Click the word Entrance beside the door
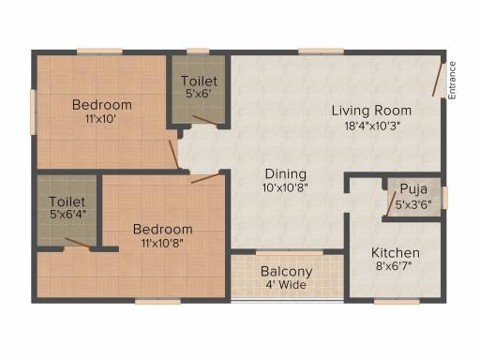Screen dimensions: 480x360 pyautogui.click(x=452, y=81)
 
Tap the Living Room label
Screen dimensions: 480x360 pyautogui.click(x=371, y=111)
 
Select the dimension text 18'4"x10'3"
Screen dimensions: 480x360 pyautogui.click(x=372, y=126)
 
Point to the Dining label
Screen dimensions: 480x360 pyautogui.click(x=286, y=174)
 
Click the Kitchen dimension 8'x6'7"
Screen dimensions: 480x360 pyautogui.click(x=394, y=266)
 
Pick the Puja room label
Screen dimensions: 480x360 pyautogui.click(x=413, y=188)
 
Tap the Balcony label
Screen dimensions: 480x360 pyautogui.click(x=286, y=272)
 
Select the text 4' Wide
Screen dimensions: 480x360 pyautogui.click(x=286, y=285)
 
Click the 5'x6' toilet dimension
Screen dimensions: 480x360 pyautogui.click(x=199, y=93)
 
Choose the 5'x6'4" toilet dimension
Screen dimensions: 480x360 pyautogui.click(x=67, y=215)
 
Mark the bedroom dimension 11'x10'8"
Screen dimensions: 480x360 pyautogui.click(x=162, y=243)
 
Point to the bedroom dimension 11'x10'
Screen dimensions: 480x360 pyautogui.click(x=100, y=119)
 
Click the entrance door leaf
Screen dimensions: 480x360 pyautogui.click(x=438, y=80)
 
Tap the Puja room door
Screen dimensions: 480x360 pyautogui.click(x=391, y=203)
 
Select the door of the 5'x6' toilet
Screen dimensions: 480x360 pyautogui.click(x=204, y=120)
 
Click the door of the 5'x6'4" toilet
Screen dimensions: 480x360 pyautogui.click(x=78, y=243)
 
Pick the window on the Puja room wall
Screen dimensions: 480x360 pyautogui.click(x=445, y=198)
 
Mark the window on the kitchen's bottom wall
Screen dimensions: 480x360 pyautogui.click(x=397, y=302)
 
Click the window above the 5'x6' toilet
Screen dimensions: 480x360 pyautogui.click(x=198, y=52)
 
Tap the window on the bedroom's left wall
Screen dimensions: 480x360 pyautogui.click(x=33, y=112)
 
